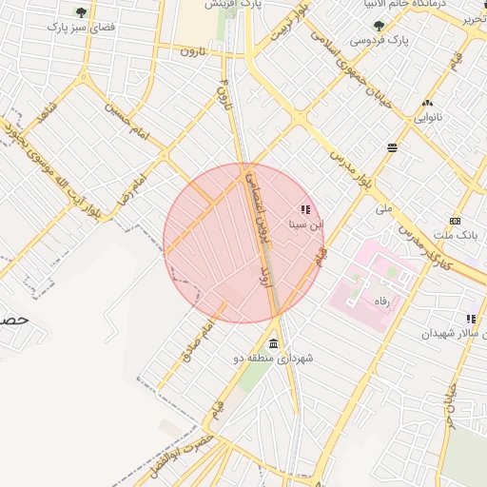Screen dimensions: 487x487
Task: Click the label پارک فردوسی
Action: pyautogui.click(x=380, y=41)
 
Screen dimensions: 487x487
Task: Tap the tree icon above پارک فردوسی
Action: pyautogui.click(x=380, y=26)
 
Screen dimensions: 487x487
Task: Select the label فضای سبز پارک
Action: pyautogui.click(x=81, y=29)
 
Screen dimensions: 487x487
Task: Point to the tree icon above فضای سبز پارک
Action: pyautogui.click(x=81, y=12)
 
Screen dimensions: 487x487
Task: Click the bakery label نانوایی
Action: pyautogui.click(x=427, y=118)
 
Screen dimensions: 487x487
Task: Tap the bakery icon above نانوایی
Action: pyautogui.click(x=427, y=103)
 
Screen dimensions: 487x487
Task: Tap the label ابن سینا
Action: pyautogui.click(x=306, y=225)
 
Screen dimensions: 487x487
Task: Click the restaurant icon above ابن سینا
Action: pyautogui.click(x=305, y=209)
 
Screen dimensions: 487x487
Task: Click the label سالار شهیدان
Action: pyautogui.click(x=451, y=334)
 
